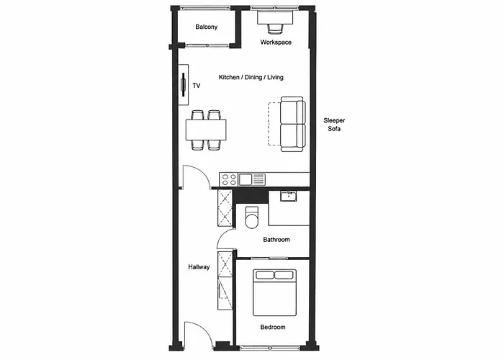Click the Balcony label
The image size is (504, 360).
[x=207, y=27]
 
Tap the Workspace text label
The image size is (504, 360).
[x=276, y=42]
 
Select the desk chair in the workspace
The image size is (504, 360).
[x=276, y=28]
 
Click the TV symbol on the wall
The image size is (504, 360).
[x=184, y=85]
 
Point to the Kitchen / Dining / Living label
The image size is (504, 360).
[x=251, y=77]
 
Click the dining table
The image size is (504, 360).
[x=206, y=130]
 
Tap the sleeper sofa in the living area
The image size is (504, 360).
[x=292, y=124]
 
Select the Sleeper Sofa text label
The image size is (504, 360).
[x=334, y=125]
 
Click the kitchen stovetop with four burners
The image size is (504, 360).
[x=228, y=179]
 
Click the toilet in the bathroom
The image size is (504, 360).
[x=252, y=217]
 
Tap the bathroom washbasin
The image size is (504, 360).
[x=288, y=196]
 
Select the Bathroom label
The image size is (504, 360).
[x=276, y=240]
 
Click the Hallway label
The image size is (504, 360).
[x=199, y=267]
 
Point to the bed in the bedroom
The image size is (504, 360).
[x=274, y=292]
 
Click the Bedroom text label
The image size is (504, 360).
[x=273, y=327]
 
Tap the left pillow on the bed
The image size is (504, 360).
[x=264, y=275]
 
